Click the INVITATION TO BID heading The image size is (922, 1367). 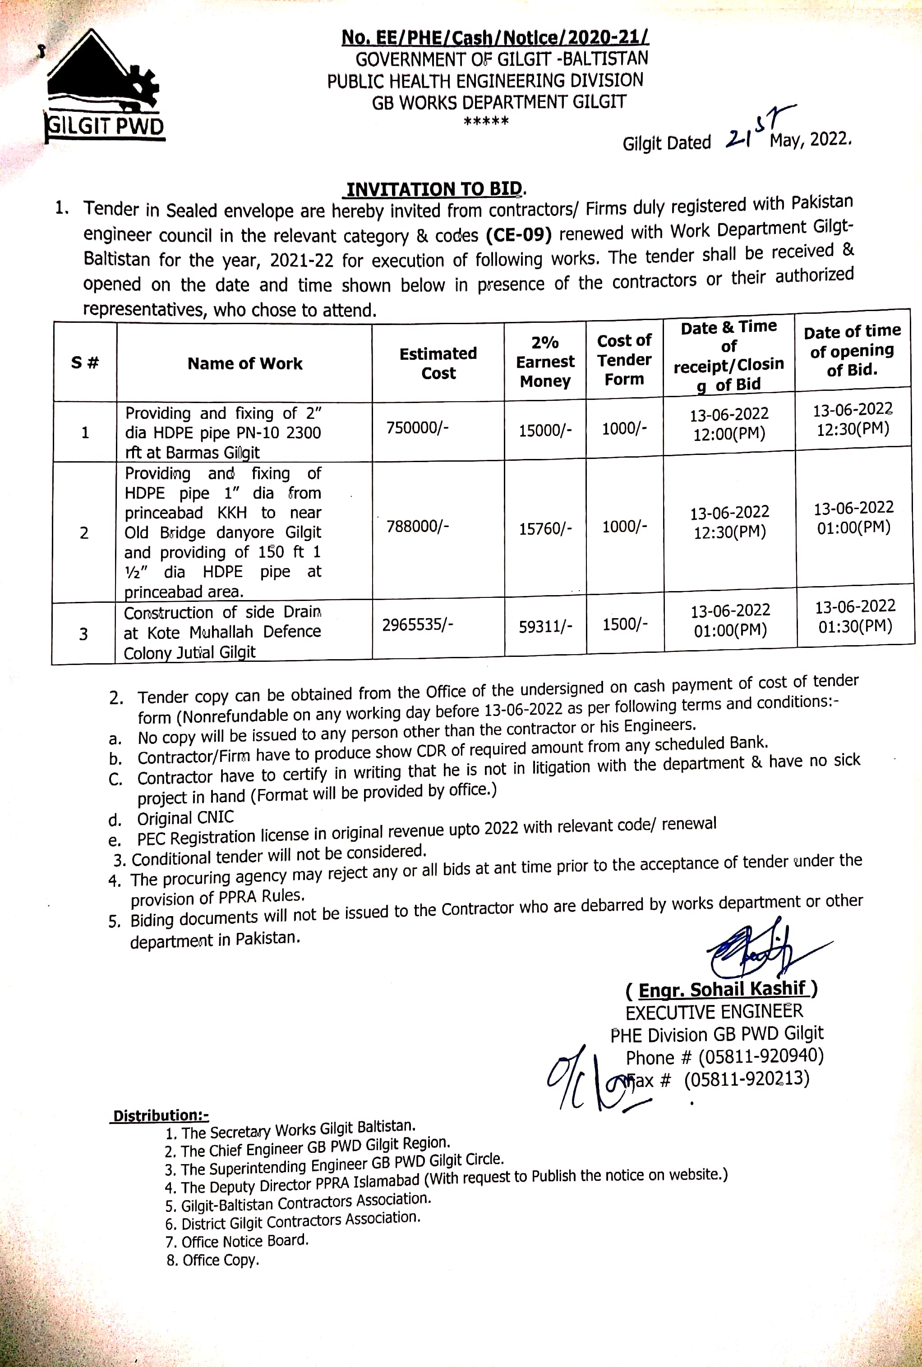coord(434,189)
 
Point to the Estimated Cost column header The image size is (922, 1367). coord(438,363)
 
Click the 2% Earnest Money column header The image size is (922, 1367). coord(545,362)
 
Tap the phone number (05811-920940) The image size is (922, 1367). coord(761,1056)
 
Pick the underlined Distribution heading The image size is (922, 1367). coord(161,1115)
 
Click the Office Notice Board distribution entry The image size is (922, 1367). coord(244,1241)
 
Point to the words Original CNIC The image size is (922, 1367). coord(185,817)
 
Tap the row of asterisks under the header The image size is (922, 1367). coord(486,122)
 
